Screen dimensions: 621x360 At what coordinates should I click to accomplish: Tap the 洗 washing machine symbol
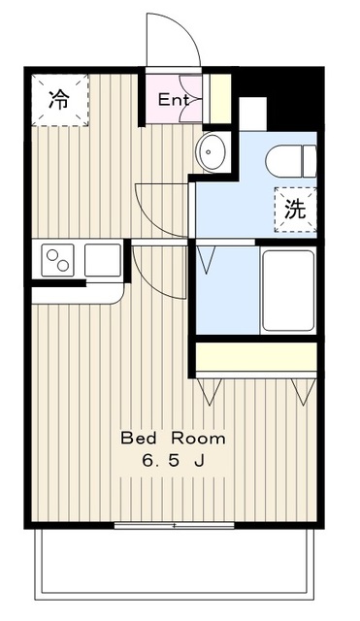293,208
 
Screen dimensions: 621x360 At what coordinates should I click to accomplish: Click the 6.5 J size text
173,460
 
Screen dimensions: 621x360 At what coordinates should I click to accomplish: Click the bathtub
288,290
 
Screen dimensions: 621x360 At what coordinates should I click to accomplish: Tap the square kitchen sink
102,260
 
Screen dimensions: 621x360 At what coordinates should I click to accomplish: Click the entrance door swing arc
174,41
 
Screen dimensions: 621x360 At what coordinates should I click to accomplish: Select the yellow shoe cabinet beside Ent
221,98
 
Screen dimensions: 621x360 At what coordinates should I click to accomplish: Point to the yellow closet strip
256,358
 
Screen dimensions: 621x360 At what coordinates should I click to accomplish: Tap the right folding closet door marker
304,391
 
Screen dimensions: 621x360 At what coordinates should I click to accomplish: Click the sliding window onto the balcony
175,526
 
